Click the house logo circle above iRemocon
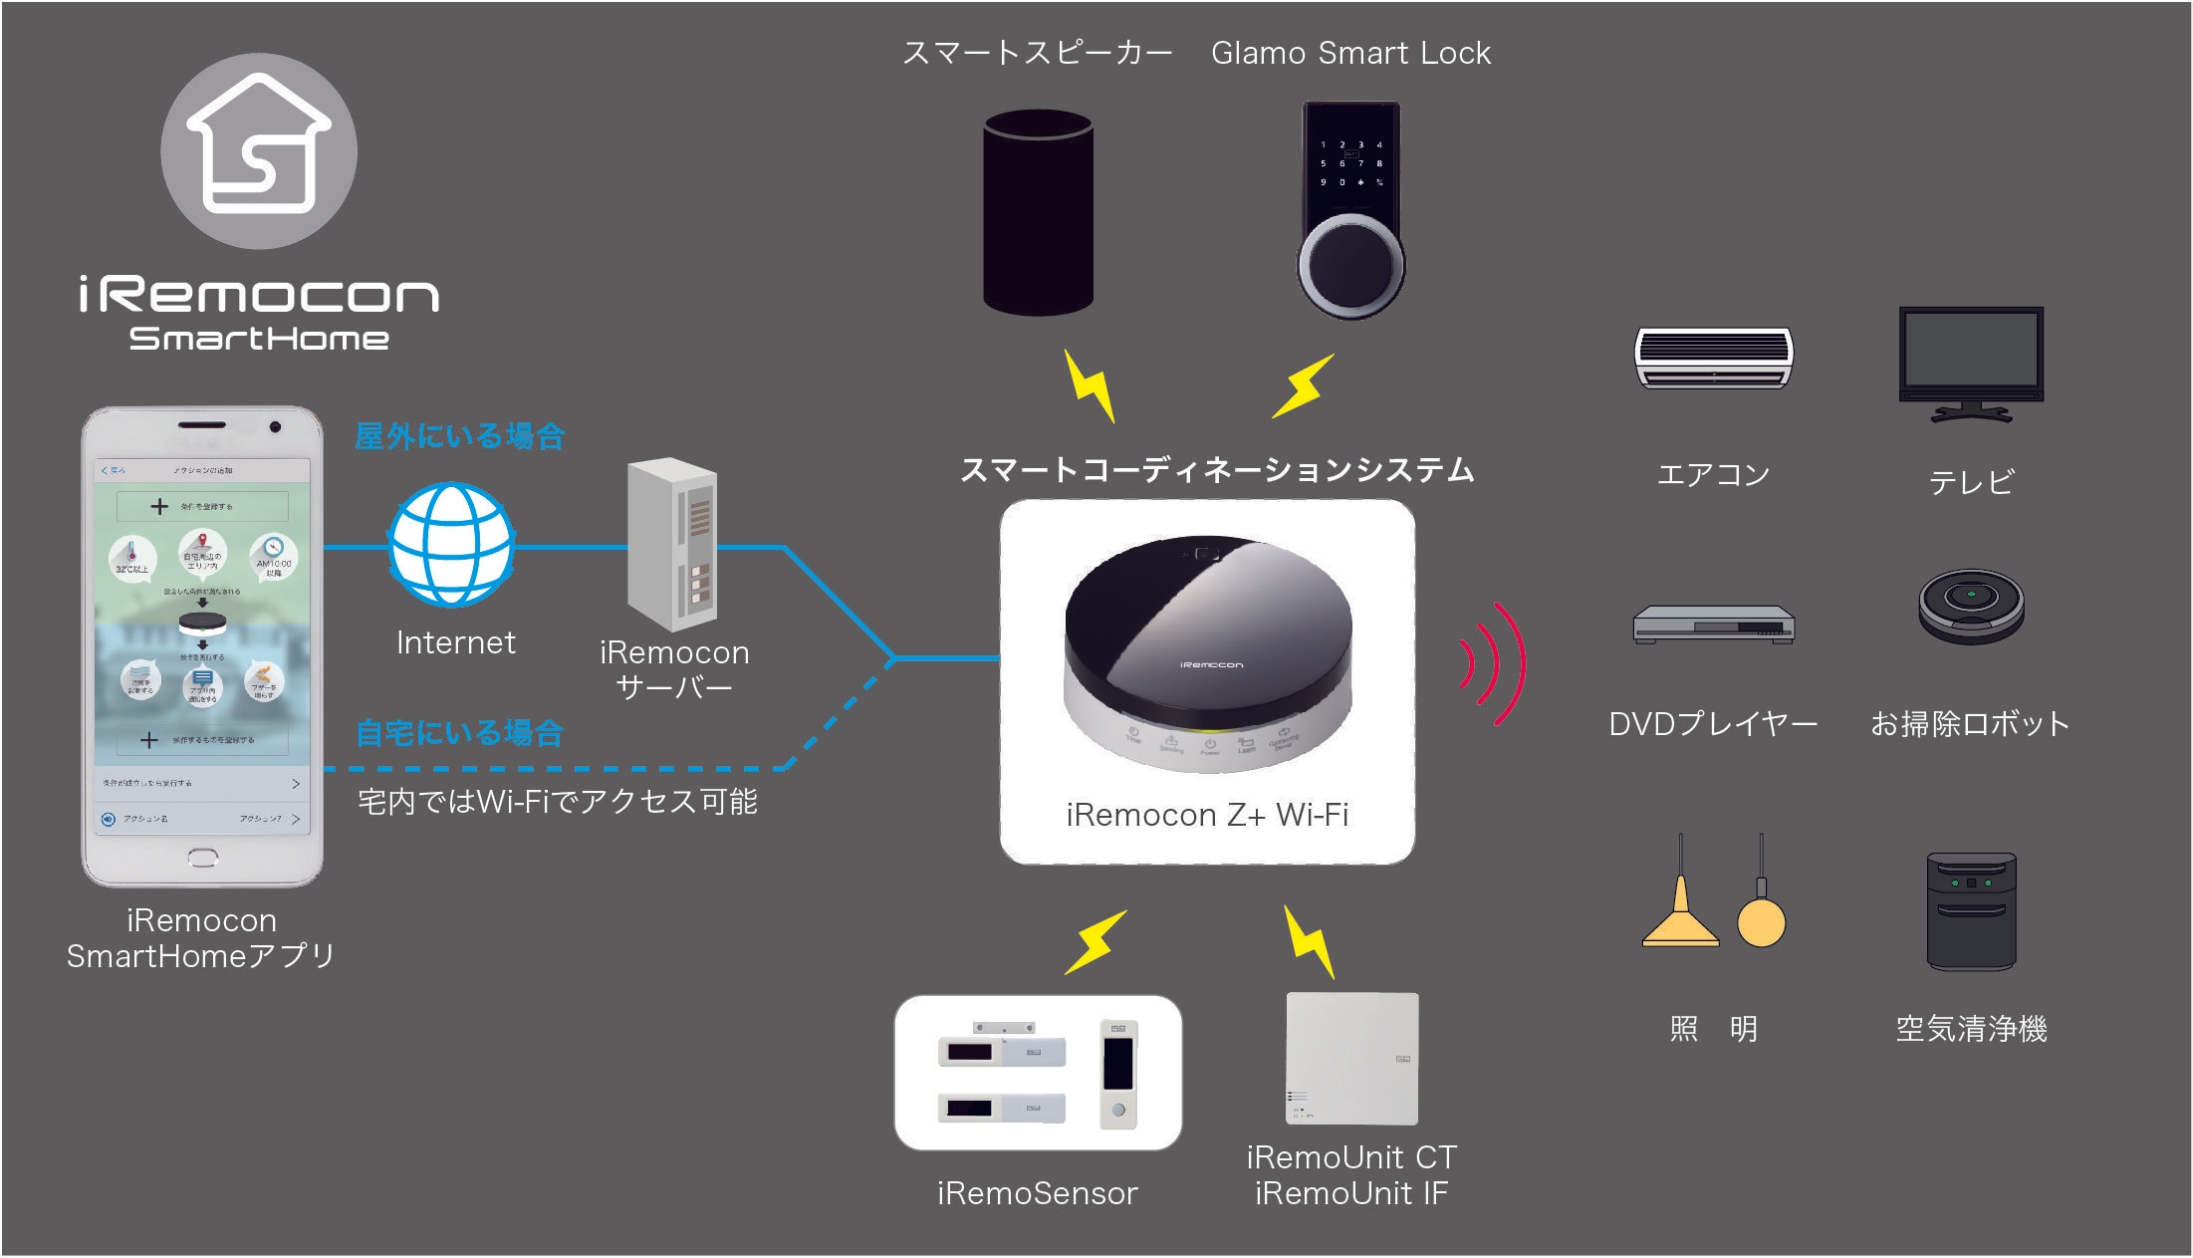[x=259, y=150]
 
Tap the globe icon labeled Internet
[x=451, y=545]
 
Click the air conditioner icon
[x=1713, y=357]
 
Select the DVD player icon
[x=1713, y=625]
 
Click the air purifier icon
[x=1971, y=910]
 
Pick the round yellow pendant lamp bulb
[x=1761, y=921]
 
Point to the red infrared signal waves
[x=1494, y=663]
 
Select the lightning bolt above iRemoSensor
[x=1095, y=941]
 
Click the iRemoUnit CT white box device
[x=1351, y=1058]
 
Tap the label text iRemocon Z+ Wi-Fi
[x=1207, y=815]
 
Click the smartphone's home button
[x=202, y=857]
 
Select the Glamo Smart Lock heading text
[x=1350, y=53]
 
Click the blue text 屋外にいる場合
[x=459, y=436]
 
